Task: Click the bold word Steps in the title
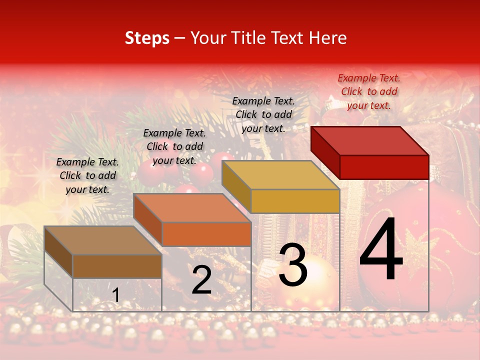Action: click(x=147, y=38)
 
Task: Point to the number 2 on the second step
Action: click(x=202, y=280)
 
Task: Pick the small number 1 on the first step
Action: click(x=116, y=295)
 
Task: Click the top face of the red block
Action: click(x=370, y=140)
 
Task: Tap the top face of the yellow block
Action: click(x=280, y=175)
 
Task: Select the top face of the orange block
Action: click(x=192, y=208)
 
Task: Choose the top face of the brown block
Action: click(x=102, y=240)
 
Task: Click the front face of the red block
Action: click(x=384, y=167)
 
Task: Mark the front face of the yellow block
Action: click(x=295, y=201)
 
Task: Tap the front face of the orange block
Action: click(x=206, y=234)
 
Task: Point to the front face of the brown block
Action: click(x=117, y=266)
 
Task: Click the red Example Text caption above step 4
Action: click(x=369, y=91)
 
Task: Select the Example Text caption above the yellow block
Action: click(x=263, y=114)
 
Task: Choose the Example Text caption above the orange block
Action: click(x=174, y=146)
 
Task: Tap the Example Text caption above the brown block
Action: click(x=87, y=175)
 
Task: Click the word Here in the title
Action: click(x=327, y=38)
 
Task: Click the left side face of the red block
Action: click(x=325, y=152)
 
